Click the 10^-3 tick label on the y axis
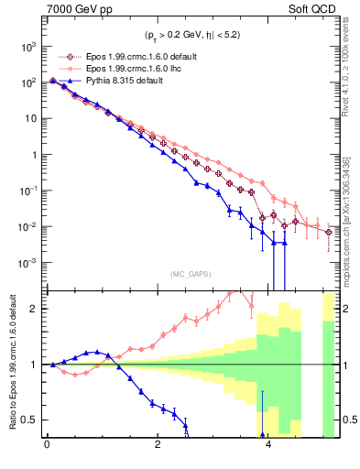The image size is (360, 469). [27, 263]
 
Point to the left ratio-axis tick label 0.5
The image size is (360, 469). [31, 420]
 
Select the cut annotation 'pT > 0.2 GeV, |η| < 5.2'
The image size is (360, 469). [191, 38]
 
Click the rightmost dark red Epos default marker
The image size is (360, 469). [329, 233]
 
